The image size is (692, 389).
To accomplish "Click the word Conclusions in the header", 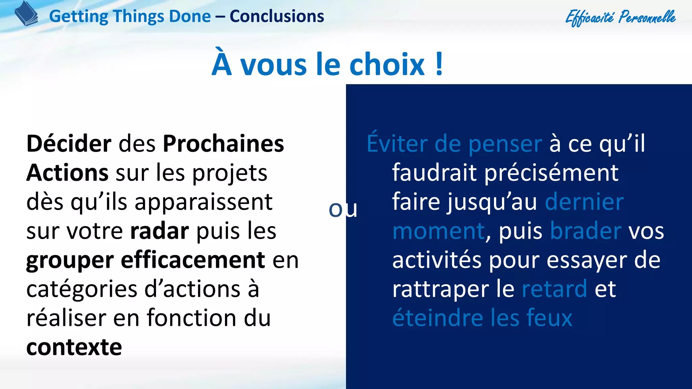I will (x=277, y=16).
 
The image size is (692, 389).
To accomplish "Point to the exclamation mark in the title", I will (x=439, y=64).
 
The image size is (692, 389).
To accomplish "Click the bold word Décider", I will (x=69, y=144).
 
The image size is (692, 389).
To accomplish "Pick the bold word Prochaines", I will (x=223, y=144).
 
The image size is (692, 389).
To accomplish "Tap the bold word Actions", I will (x=67, y=173).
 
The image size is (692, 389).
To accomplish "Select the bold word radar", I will (x=159, y=231).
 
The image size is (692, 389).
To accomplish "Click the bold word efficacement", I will (x=193, y=260).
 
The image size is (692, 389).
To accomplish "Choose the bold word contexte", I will (x=74, y=347).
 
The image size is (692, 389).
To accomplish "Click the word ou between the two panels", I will (x=343, y=209).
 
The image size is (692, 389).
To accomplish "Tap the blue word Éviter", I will (x=397, y=144).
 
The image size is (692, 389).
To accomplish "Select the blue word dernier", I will (x=584, y=202).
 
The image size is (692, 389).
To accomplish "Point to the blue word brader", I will (x=586, y=231).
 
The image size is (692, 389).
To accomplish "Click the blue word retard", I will (x=554, y=289).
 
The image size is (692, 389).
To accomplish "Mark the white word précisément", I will (x=552, y=173).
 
